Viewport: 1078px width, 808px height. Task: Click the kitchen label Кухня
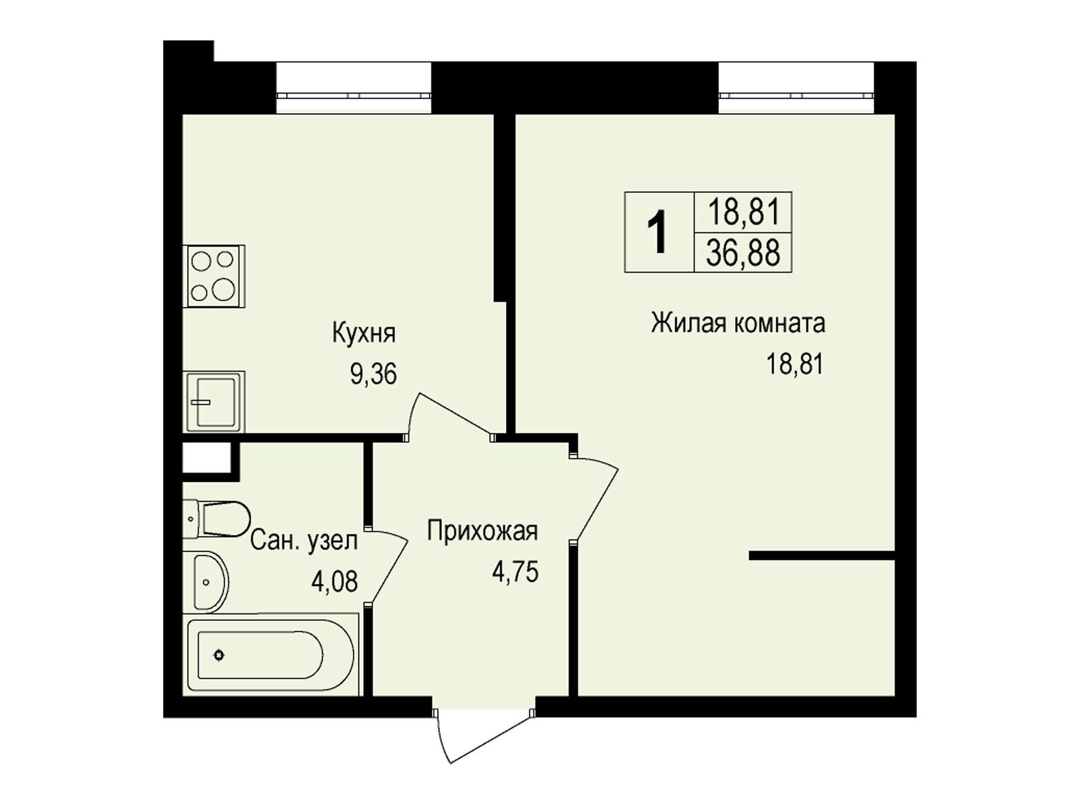click(x=364, y=333)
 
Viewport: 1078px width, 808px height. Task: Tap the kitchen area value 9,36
click(x=373, y=375)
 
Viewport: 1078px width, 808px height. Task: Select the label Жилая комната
click(x=738, y=324)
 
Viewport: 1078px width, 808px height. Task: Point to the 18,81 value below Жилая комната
click(x=794, y=364)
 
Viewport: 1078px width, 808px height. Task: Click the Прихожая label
click(x=482, y=531)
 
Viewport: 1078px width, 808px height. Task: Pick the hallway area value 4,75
click(x=515, y=572)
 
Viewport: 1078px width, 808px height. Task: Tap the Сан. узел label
click(x=304, y=541)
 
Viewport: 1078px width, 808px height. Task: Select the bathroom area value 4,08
click(x=334, y=582)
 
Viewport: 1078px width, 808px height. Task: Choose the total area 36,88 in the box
click(x=743, y=254)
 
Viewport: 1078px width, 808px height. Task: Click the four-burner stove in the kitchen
click(x=214, y=276)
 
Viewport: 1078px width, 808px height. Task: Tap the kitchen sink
click(x=214, y=402)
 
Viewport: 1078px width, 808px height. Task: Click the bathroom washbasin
click(x=207, y=582)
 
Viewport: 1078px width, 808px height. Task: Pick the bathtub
click(x=271, y=654)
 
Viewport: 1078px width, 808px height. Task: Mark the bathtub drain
click(x=219, y=654)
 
